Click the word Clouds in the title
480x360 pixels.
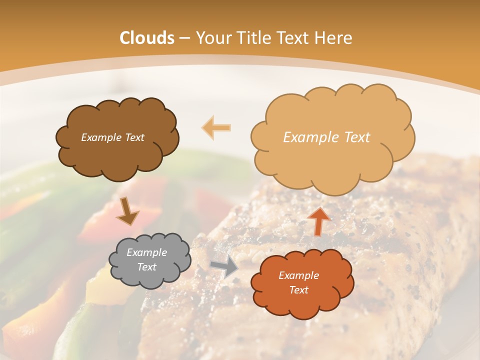tap(147, 38)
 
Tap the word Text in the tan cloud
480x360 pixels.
tap(357, 137)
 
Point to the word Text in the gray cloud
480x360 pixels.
tap(147, 267)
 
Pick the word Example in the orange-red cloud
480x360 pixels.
tap(298, 275)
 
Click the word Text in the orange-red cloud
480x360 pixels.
tap(298, 290)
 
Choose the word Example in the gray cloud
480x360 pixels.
tap(147, 252)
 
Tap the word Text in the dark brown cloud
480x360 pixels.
tap(134, 137)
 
